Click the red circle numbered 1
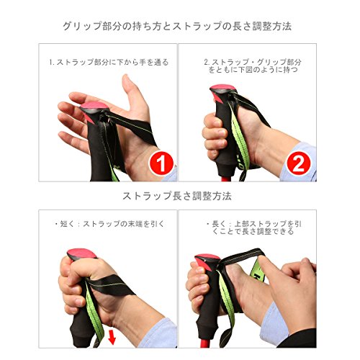(161, 163)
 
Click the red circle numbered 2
(299, 163)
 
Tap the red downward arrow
(112, 336)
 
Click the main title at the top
(177, 26)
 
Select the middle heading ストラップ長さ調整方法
(177, 196)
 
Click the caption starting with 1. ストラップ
(109, 62)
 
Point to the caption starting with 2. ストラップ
(253, 66)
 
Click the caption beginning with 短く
(109, 224)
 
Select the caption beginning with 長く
(253, 228)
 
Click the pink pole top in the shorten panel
(81, 253)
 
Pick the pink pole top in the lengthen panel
(207, 258)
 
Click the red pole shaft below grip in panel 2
(226, 179)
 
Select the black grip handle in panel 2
(225, 135)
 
